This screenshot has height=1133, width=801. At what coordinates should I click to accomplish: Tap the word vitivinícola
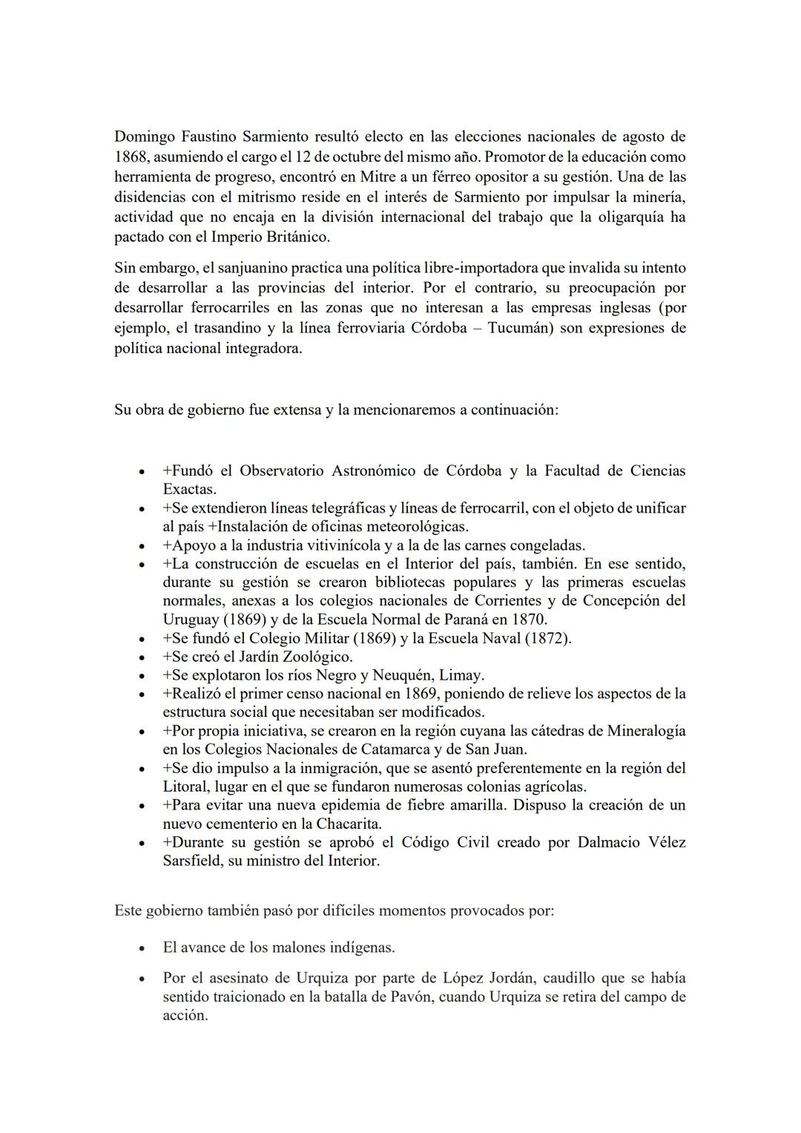(x=365, y=545)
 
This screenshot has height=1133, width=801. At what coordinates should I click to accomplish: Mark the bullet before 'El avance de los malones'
(x=140, y=948)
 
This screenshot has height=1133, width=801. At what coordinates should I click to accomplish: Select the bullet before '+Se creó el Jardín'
(x=140, y=657)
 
